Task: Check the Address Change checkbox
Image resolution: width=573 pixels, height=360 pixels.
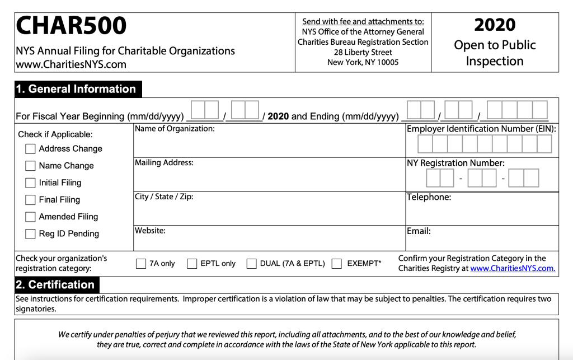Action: (x=30, y=149)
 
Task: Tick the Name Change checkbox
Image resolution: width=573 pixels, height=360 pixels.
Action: (x=30, y=166)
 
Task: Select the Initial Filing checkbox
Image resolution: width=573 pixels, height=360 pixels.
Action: (x=30, y=183)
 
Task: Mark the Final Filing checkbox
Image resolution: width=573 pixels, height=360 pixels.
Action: (x=30, y=200)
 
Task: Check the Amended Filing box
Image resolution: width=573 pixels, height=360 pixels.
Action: (x=30, y=217)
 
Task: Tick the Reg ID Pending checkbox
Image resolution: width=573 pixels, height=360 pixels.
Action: (x=30, y=234)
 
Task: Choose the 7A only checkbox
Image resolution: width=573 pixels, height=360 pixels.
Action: (x=141, y=264)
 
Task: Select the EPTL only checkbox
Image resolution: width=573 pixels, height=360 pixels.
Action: (x=192, y=264)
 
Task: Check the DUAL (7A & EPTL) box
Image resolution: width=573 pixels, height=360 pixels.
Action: (x=252, y=264)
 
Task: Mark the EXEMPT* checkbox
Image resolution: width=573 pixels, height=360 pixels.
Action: (x=337, y=264)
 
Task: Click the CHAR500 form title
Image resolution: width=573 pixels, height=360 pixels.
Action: (x=72, y=26)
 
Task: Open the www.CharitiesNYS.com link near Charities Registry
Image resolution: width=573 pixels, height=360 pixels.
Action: (x=513, y=268)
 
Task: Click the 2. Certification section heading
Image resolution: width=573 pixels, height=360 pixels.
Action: (x=56, y=284)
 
